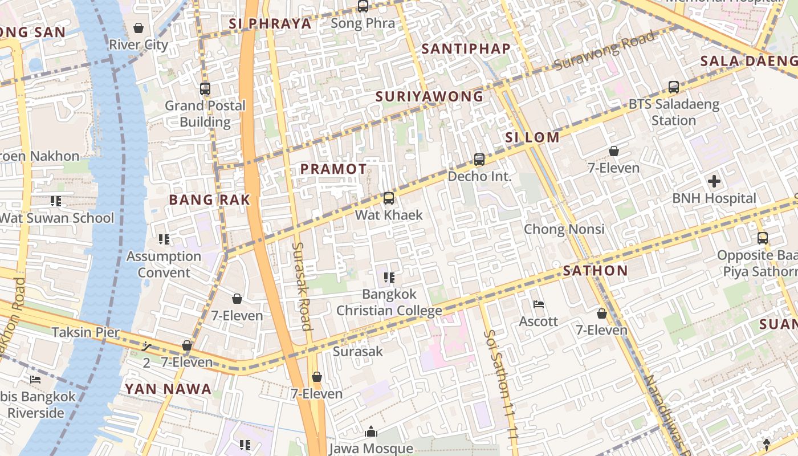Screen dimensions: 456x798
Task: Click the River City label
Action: (139, 44)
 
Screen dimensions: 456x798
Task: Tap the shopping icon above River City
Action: (139, 27)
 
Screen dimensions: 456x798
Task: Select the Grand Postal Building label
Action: (205, 113)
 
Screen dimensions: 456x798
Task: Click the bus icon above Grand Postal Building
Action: (205, 89)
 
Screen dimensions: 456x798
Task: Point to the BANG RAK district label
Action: (210, 199)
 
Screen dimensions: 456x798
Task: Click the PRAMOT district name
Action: (333, 169)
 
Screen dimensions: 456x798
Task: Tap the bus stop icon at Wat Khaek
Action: (389, 198)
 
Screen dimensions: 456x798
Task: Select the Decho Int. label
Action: (479, 176)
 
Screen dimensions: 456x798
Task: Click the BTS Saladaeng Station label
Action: (674, 112)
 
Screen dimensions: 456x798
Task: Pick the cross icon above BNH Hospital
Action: (714, 182)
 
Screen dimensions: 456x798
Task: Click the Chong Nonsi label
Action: (564, 229)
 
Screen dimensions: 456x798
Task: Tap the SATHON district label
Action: (595, 271)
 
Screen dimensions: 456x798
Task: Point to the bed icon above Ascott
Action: (538, 304)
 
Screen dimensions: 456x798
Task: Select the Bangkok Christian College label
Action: (389, 302)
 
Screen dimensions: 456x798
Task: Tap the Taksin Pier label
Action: (86, 332)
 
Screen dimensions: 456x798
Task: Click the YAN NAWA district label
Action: (168, 389)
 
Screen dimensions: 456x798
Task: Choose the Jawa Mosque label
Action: (371, 449)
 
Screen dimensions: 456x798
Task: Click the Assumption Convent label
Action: (164, 264)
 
